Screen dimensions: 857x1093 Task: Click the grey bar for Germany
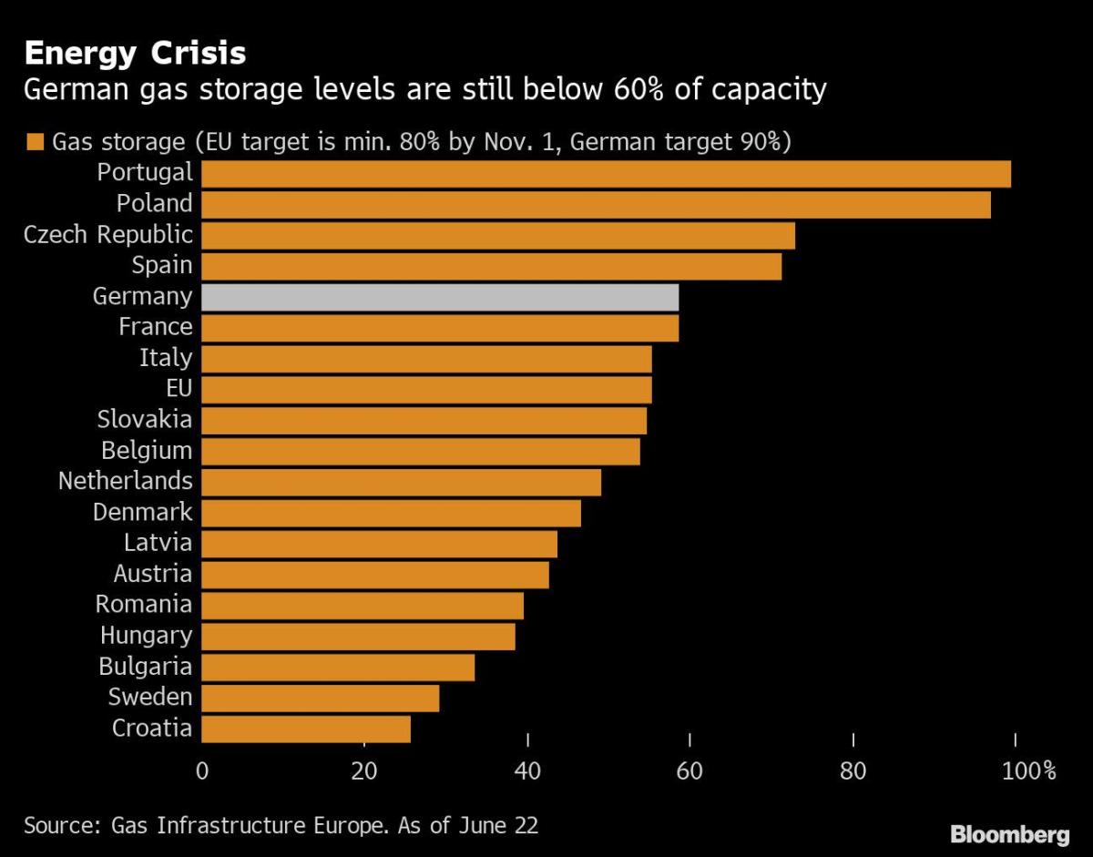[x=440, y=297]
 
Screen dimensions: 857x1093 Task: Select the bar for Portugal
[x=606, y=174]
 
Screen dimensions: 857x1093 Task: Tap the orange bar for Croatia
[x=306, y=729]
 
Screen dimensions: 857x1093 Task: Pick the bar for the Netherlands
[x=401, y=482]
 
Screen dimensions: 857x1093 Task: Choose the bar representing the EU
[x=426, y=390]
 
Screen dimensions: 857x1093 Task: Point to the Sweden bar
[x=320, y=698]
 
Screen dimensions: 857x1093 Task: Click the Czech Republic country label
[x=108, y=234]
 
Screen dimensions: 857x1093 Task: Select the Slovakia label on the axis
[x=145, y=419]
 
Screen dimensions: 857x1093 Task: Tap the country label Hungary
[x=146, y=635]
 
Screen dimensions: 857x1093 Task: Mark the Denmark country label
[x=142, y=512]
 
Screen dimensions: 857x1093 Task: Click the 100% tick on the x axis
[x=1027, y=771]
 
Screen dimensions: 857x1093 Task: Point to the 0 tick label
[x=202, y=771]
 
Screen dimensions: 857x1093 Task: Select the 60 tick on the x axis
[x=690, y=771]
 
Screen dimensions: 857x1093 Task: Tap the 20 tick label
[x=364, y=771]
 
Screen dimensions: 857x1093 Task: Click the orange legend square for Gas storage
[x=36, y=142]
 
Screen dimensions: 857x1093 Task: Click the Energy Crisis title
[x=135, y=53]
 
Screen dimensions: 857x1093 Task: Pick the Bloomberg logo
[x=1010, y=834]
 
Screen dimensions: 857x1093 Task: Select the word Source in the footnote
[x=61, y=826]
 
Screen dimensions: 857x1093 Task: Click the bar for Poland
[x=596, y=205]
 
